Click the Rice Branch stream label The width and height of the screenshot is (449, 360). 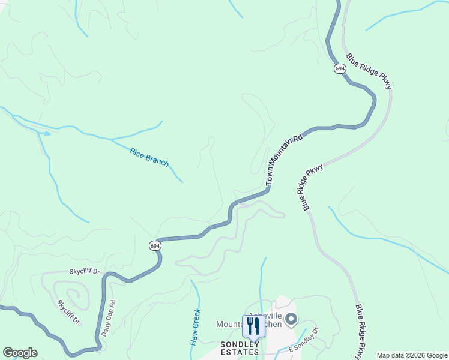coord(149,157)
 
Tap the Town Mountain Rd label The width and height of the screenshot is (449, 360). coord(283,158)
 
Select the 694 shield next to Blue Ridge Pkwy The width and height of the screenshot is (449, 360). coord(340,69)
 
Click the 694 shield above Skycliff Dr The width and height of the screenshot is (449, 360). coord(155,245)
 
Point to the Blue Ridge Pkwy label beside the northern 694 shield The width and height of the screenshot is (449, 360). coord(369,71)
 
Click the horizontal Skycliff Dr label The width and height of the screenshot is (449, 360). coord(84,272)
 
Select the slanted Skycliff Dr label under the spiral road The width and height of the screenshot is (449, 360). coord(68,311)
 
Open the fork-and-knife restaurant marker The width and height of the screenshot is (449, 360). coord(253,326)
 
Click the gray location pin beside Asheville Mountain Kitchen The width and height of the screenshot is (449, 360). coord(291,319)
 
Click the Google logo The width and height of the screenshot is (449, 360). coord(20,353)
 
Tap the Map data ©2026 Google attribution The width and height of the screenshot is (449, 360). coord(412,355)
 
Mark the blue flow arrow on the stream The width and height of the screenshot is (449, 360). coord(47,133)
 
